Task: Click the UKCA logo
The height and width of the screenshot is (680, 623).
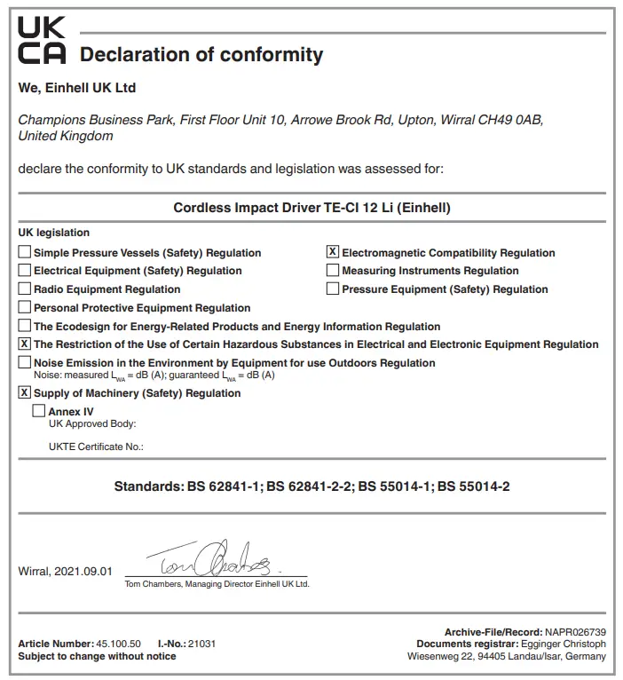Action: (x=41, y=40)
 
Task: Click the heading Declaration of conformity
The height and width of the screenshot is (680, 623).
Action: (x=201, y=54)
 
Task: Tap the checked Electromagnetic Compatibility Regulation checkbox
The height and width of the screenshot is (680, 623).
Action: (x=333, y=252)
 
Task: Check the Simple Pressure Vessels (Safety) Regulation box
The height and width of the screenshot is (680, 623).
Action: (x=25, y=252)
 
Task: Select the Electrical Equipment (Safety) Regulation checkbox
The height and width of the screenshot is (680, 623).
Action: (x=25, y=271)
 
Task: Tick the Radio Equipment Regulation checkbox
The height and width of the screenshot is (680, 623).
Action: (x=25, y=289)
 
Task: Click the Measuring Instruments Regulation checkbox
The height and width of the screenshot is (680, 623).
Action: (x=333, y=271)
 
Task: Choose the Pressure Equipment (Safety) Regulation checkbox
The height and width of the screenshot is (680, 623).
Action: (x=333, y=289)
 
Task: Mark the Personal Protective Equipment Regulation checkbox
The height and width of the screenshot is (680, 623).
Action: (x=25, y=307)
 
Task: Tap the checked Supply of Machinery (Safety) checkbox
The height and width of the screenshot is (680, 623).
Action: (x=25, y=392)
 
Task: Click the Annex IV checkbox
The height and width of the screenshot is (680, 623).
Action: (x=39, y=411)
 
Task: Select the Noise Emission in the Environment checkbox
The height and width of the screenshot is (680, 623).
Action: (x=25, y=362)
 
